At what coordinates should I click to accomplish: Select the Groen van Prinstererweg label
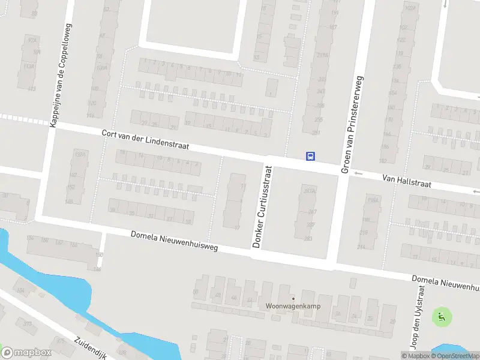pos(352,125)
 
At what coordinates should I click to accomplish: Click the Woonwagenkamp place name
pos(292,305)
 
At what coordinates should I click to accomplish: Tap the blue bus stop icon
pos(310,156)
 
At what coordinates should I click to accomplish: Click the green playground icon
pos(442,317)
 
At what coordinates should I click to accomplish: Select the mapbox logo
pos(24,353)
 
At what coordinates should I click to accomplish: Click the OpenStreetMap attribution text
pos(458,356)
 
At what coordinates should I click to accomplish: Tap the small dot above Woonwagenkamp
pos(293,298)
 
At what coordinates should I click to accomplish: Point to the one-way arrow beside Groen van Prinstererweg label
pos(358,174)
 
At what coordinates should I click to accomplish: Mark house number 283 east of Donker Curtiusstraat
pos(308,238)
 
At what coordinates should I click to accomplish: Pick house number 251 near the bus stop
pos(316,133)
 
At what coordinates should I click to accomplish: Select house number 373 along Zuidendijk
pos(27,324)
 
